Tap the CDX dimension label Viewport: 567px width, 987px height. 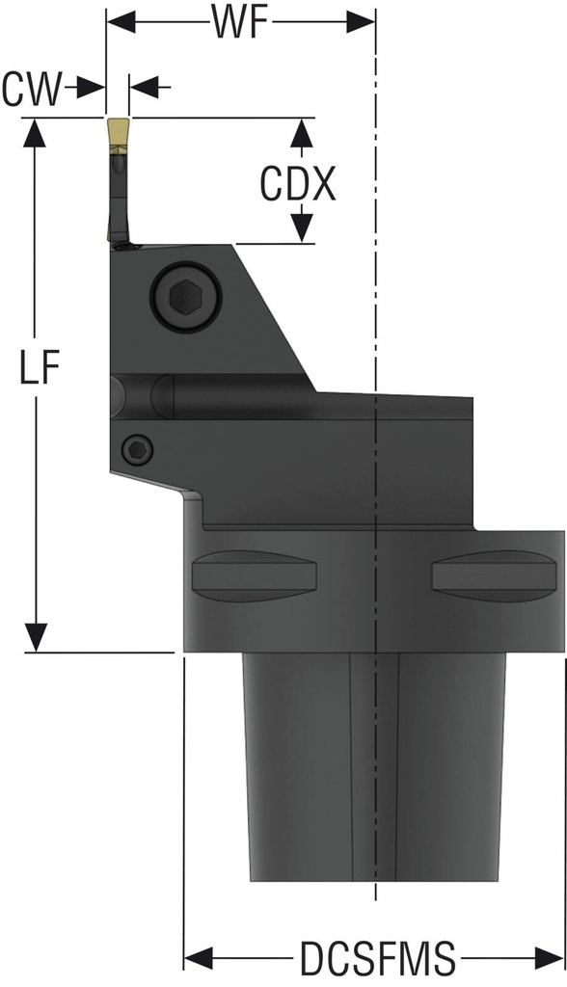click(298, 182)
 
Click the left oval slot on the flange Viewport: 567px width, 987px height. click(255, 575)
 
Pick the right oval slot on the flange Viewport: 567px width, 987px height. click(495, 575)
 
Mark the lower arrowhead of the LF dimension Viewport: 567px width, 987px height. click(37, 637)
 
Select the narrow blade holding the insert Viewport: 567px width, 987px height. click(116, 198)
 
